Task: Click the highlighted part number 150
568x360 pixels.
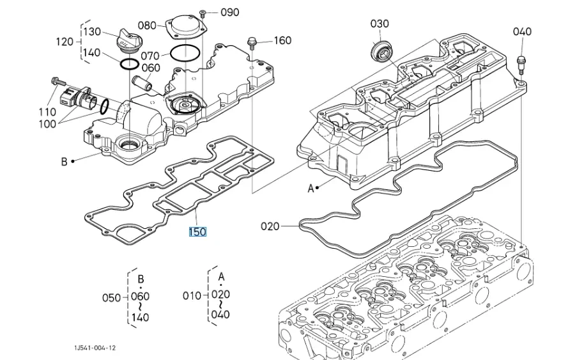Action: (x=197, y=231)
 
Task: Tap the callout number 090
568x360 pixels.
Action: (x=230, y=12)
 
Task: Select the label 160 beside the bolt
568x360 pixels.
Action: (x=282, y=40)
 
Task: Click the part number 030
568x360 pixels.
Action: (x=380, y=24)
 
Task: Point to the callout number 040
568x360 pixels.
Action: (x=522, y=31)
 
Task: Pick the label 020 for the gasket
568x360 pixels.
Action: (x=270, y=226)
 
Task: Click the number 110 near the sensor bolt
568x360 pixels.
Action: (x=47, y=112)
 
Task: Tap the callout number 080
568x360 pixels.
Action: (x=147, y=26)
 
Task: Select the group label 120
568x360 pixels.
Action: (x=65, y=42)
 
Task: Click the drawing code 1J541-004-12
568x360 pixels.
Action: (x=94, y=348)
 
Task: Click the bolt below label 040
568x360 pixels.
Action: (x=520, y=62)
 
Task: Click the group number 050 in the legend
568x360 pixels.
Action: (x=111, y=297)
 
